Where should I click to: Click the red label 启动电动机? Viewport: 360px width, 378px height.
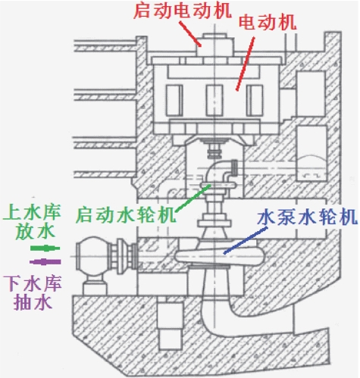183,11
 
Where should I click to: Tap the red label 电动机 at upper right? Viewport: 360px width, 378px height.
268,23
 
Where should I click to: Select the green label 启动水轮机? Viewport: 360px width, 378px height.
126,215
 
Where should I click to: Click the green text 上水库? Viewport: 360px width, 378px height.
32,211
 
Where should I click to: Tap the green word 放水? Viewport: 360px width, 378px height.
35,232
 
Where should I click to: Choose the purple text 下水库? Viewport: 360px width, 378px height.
33,283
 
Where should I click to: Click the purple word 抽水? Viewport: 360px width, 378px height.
33,302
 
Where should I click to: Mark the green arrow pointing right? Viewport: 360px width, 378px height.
45,248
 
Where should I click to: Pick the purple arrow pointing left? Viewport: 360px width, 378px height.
45,262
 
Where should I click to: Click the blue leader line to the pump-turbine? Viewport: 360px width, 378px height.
246,240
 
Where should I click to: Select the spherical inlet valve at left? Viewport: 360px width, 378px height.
92,256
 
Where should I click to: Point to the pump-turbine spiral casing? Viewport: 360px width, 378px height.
218,256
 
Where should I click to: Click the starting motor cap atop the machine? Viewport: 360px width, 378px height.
214,45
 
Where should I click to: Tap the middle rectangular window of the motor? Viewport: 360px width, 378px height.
214,100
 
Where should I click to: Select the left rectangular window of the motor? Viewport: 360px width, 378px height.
174,100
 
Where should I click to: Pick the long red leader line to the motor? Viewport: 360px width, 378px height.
246,64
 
